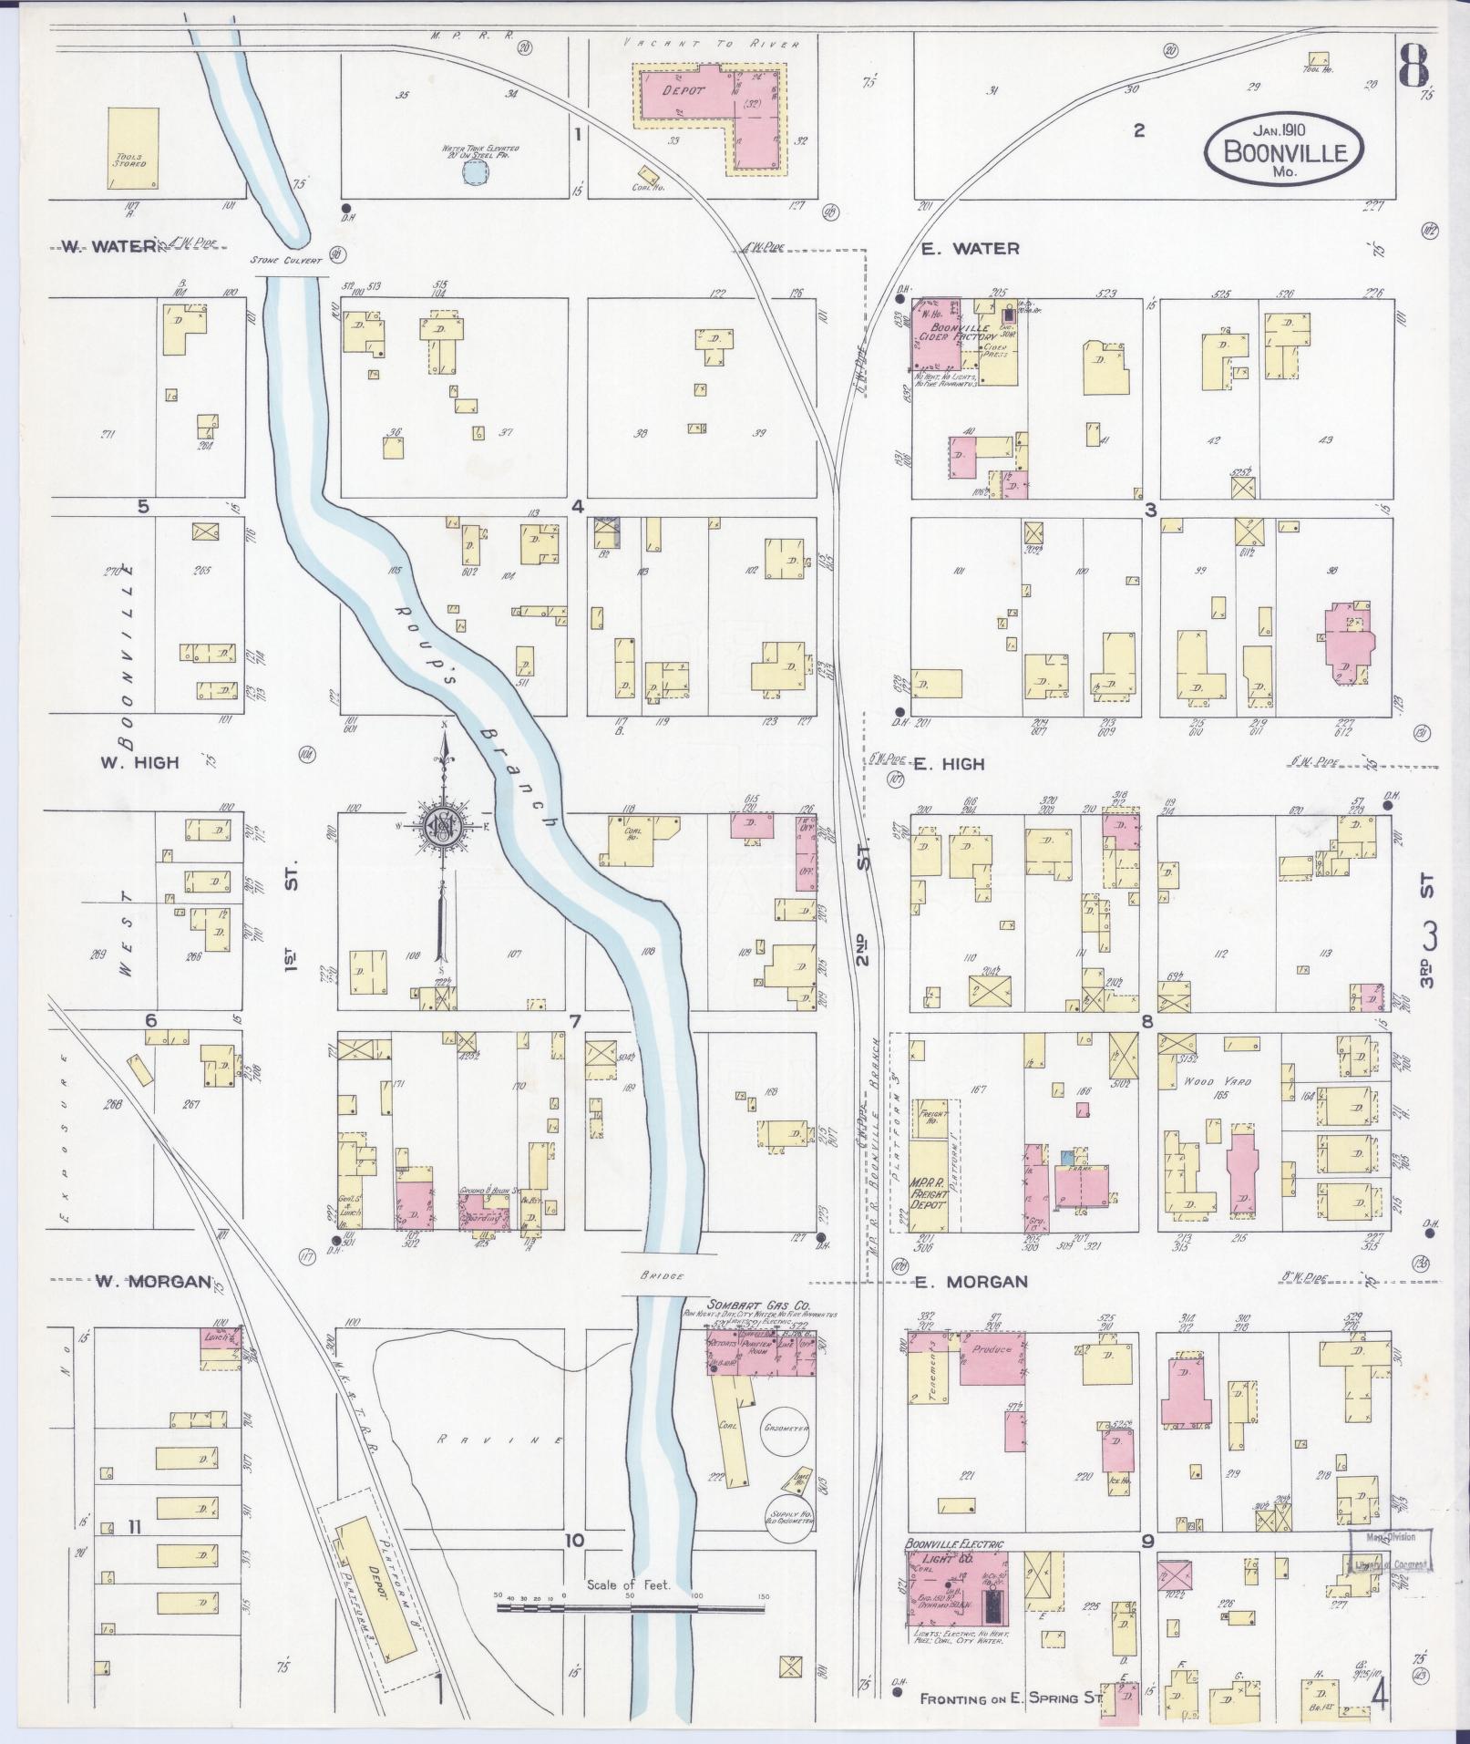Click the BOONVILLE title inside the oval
(x=1285, y=151)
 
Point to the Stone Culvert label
(x=287, y=260)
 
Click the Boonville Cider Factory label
(x=957, y=335)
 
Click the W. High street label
(x=139, y=761)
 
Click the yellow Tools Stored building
(x=133, y=148)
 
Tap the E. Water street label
(x=969, y=248)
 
